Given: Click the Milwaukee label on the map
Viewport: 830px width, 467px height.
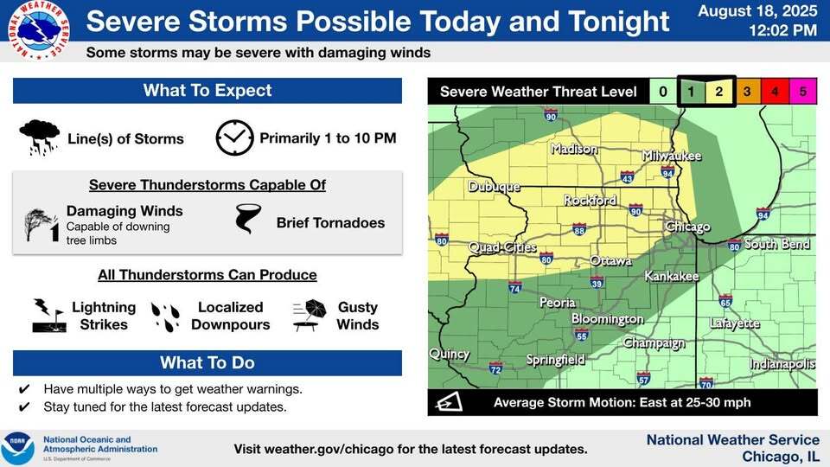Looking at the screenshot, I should click(672, 156).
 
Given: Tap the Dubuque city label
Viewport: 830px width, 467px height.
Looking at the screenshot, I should click(494, 187).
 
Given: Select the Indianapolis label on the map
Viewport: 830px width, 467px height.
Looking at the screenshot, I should click(782, 364).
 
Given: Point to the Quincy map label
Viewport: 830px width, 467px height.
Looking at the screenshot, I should click(450, 354).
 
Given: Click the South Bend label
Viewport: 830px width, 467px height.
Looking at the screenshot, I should click(777, 244).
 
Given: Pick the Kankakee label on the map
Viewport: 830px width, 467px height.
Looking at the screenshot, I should click(672, 277).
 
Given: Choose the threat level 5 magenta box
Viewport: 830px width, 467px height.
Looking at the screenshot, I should click(802, 91).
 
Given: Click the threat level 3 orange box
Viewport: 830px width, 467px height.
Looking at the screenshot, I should click(747, 91).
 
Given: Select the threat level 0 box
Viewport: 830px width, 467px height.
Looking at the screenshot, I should click(663, 91).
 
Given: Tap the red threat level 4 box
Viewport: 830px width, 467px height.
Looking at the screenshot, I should click(775, 91).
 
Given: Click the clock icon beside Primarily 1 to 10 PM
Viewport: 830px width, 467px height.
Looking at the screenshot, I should click(234, 138).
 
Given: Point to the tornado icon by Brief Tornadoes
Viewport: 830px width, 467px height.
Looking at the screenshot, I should click(248, 220).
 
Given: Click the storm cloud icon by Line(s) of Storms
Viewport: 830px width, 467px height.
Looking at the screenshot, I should click(40, 137).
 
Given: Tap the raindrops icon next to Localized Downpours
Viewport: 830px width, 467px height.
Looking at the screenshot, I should click(166, 317).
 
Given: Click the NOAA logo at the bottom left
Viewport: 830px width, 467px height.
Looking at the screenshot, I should click(18, 449).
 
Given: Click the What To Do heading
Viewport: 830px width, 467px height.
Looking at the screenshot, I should click(207, 362).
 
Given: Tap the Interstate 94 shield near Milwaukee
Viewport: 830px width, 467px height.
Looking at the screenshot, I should click(667, 173).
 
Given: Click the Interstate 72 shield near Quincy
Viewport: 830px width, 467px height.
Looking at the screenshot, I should click(496, 369).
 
